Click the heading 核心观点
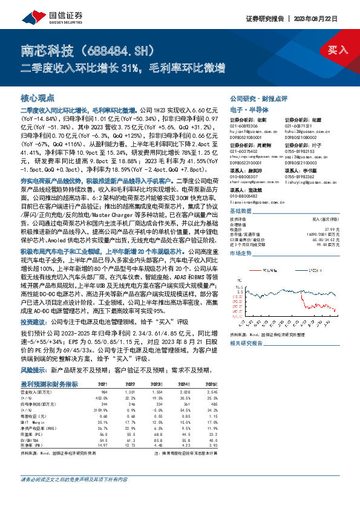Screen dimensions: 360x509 38,97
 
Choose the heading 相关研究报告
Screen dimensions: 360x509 246,343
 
